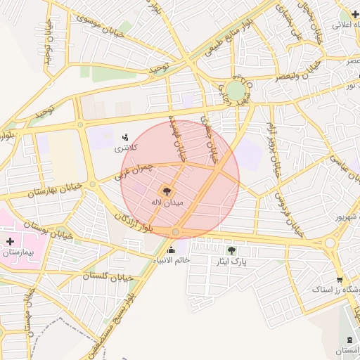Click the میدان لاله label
(x=167, y=202)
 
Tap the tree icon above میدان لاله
(x=167, y=191)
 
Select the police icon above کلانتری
(x=125, y=136)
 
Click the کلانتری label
(x=127, y=148)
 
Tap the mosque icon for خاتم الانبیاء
(x=171, y=250)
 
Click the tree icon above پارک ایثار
(x=232, y=250)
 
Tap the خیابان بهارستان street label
(x=52, y=188)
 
